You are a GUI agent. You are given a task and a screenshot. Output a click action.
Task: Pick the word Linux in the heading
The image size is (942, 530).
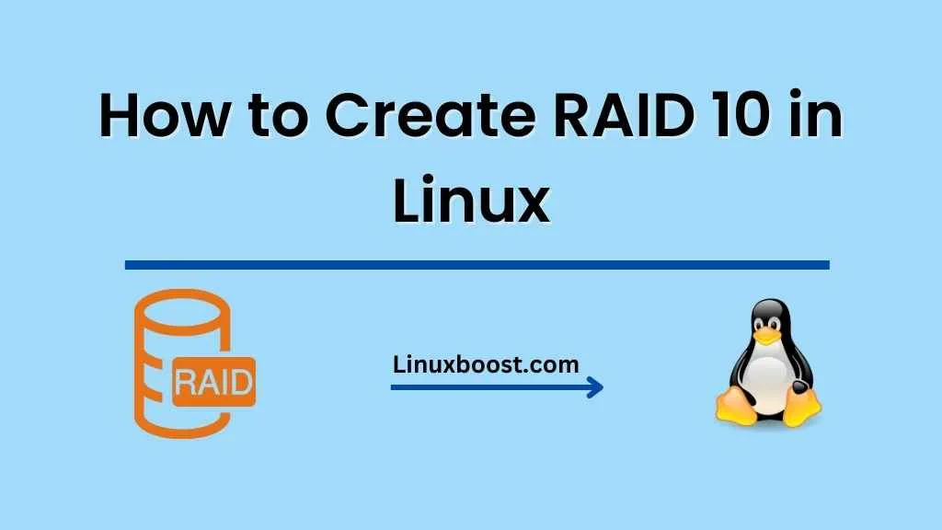[x=471, y=202]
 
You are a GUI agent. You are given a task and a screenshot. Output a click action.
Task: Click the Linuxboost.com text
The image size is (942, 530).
[x=486, y=363]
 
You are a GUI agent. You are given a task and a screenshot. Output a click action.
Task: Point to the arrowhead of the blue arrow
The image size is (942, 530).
[x=596, y=387]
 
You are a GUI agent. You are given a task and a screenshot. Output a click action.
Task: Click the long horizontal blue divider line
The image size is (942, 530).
[x=477, y=265]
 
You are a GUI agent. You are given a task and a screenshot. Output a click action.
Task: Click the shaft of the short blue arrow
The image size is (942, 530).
[x=488, y=387]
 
